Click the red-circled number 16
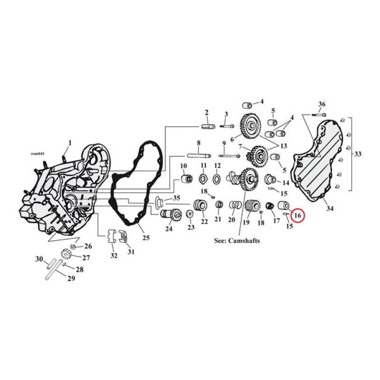coord(298,216)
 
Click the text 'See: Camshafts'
coord(237,241)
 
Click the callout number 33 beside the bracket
coord(357,154)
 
